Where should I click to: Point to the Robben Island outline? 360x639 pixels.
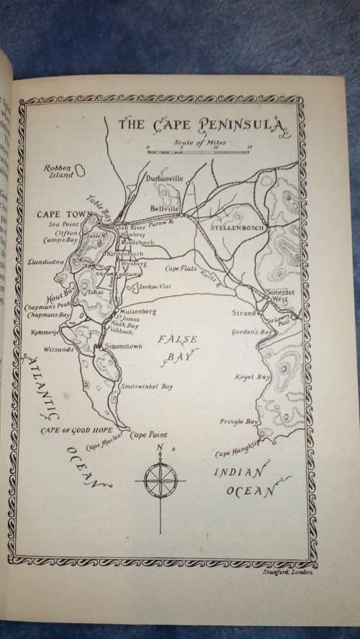click(x=81, y=171)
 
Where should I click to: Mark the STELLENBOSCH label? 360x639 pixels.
click(x=237, y=227)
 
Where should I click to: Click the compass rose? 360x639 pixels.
click(x=160, y=478)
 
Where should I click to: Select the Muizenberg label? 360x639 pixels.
click(x=136, y=310)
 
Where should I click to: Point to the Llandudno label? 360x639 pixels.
click(x=45, y=262)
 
